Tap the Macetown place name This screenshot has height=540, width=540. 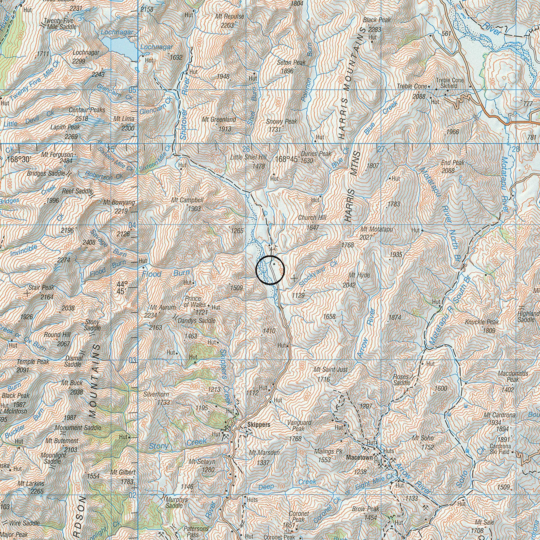[x=359, y=457]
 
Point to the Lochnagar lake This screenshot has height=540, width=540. [x=120, y=47]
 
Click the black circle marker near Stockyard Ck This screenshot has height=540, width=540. [x=270, y=270]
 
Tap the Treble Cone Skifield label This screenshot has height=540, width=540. [x=450, y=83]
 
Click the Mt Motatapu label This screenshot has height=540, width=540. [x=377, y=229]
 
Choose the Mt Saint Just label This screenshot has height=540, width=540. [x=331, y=369]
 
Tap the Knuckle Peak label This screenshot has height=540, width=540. [x=482, y=322]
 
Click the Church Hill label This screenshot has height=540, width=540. [x=312, y=218]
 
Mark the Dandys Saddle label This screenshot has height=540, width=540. [x=197, y=321]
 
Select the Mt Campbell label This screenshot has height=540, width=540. [x=187, y=200]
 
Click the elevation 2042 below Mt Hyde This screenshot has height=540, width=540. [x=349, y=285]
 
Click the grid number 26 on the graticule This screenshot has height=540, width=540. [x=246, y=149]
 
